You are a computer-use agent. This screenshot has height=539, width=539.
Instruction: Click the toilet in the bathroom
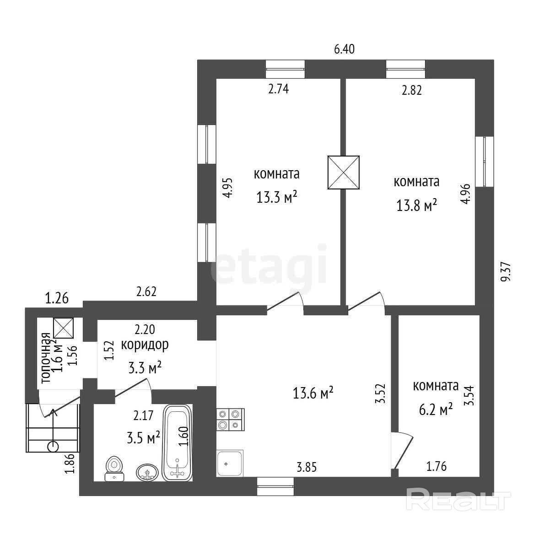click(114, 469)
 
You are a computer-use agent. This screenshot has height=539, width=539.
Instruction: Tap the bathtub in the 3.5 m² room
click(178, 442)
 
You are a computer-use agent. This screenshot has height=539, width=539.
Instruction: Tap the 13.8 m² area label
click(416, 205)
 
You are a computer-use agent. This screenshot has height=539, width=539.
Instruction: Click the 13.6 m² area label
click(313, 393)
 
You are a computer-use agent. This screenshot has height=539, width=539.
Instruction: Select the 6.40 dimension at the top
click(345, 49)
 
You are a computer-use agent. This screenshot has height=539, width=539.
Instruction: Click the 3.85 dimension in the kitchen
click(307, 467)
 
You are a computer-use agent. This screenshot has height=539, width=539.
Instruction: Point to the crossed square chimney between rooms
click(344, 172)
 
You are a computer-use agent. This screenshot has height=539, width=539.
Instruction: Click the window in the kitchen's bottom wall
click(275, 486)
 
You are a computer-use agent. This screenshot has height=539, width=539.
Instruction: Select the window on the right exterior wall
click(485, 161)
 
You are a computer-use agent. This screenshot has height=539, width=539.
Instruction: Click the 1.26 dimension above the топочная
click(57, 299)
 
